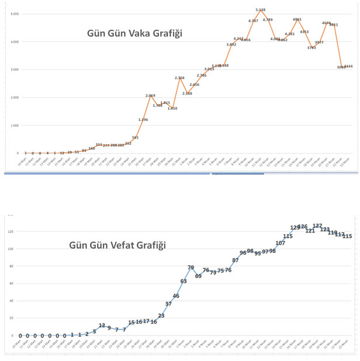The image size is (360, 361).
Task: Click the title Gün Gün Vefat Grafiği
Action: coord(117,245)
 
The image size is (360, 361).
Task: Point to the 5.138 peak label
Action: coord(261,10)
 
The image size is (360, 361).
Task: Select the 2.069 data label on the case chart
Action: coord(150,95)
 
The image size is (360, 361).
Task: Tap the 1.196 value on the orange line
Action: coord(143,120)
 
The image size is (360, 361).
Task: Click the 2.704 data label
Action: coord(180,78)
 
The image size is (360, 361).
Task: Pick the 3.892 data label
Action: coord(231,44)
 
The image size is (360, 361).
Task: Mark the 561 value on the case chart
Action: coord(136,137)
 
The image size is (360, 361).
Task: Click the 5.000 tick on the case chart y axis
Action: coord(14,13)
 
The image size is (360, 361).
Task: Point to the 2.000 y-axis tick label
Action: coord(14,98)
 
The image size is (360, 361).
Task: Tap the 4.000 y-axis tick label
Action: coord(14,41)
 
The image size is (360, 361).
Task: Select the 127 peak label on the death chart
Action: coord(317,225)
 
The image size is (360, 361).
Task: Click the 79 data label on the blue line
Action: coord(191,268)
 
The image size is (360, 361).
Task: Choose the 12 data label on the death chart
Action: coord(102,325)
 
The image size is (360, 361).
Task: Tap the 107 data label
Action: coord(280,243)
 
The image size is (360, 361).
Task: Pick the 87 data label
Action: coord(235,260)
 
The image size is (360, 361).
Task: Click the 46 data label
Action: coord(176,296)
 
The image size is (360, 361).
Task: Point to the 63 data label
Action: coord(184,281)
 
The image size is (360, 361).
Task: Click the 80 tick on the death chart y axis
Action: coord(9,266)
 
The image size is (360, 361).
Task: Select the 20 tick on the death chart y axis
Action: coord(9,318)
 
